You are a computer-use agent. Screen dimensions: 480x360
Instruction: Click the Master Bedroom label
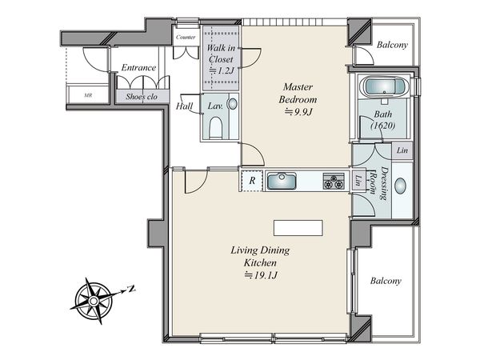pyautogui.click(x=298, y=93)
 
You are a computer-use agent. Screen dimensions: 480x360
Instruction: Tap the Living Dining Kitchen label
pyautogui.click(x=260, y=256)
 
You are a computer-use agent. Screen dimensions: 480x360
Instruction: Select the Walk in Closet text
pyautogui.click(x=221, y=54)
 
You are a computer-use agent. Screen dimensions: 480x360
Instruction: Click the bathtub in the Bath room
pyautogui.click(x=384, y=86)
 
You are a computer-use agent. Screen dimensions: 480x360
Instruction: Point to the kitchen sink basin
pyautogui.click(x=282, y=181)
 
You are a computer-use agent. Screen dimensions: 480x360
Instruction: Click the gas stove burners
pyautogui.click(x=334, y=181)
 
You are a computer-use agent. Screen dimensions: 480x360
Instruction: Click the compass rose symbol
pyautogui.click(x=94, y=301)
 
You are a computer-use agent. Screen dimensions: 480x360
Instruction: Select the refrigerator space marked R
pyautogui.click(x=252, y=181)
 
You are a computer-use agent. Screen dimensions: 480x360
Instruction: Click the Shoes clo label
pyautogui.click(x=142, y=97)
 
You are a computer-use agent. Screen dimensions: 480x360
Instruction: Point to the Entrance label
pyautogui.click(x=138, y=67)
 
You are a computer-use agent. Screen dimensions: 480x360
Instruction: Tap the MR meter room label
pyautogui.click(x=88, y=95)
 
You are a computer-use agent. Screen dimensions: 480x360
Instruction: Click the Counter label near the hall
pyautogui.click(x=186, y=38)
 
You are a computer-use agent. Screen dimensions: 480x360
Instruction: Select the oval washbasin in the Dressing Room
pyautogui.click(x=401, y=186)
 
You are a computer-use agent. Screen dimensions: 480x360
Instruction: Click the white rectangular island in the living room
pyautogui.click(x=298, y=228)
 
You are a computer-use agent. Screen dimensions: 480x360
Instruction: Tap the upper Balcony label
pyautogui.click(x=392, y=45)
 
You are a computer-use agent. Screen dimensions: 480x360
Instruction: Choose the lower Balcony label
pyautogui.click(x=386, y=281)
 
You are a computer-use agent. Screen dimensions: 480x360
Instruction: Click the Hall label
pyautogui.click(x=184, y=106)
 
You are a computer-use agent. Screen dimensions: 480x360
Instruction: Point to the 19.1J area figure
pyautogui.click(x=261, y=275)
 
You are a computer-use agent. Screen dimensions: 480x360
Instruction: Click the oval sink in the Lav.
pyautogui.click(x=233, y=104)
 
